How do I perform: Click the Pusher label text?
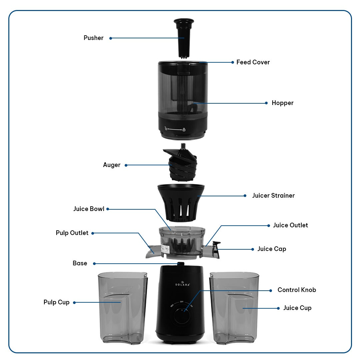[93, 38]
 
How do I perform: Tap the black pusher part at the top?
[183, 37]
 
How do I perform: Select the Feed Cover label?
[253, 62]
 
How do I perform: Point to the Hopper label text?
[282, 103]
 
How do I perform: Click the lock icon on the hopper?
[184, 129]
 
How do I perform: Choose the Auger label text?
[112, 165]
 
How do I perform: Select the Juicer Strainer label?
[273, 196]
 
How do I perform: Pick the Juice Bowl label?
[89, 209]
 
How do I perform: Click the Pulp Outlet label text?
[72, 233]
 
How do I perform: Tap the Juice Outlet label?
[290, 225]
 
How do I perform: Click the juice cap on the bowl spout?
[216, 249]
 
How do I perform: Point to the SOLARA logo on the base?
[183, 284]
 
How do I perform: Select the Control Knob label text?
[297, 290]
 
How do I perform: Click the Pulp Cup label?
[56, 302]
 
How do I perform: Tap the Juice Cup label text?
[297, 308]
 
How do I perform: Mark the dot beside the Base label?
[94, 264]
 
